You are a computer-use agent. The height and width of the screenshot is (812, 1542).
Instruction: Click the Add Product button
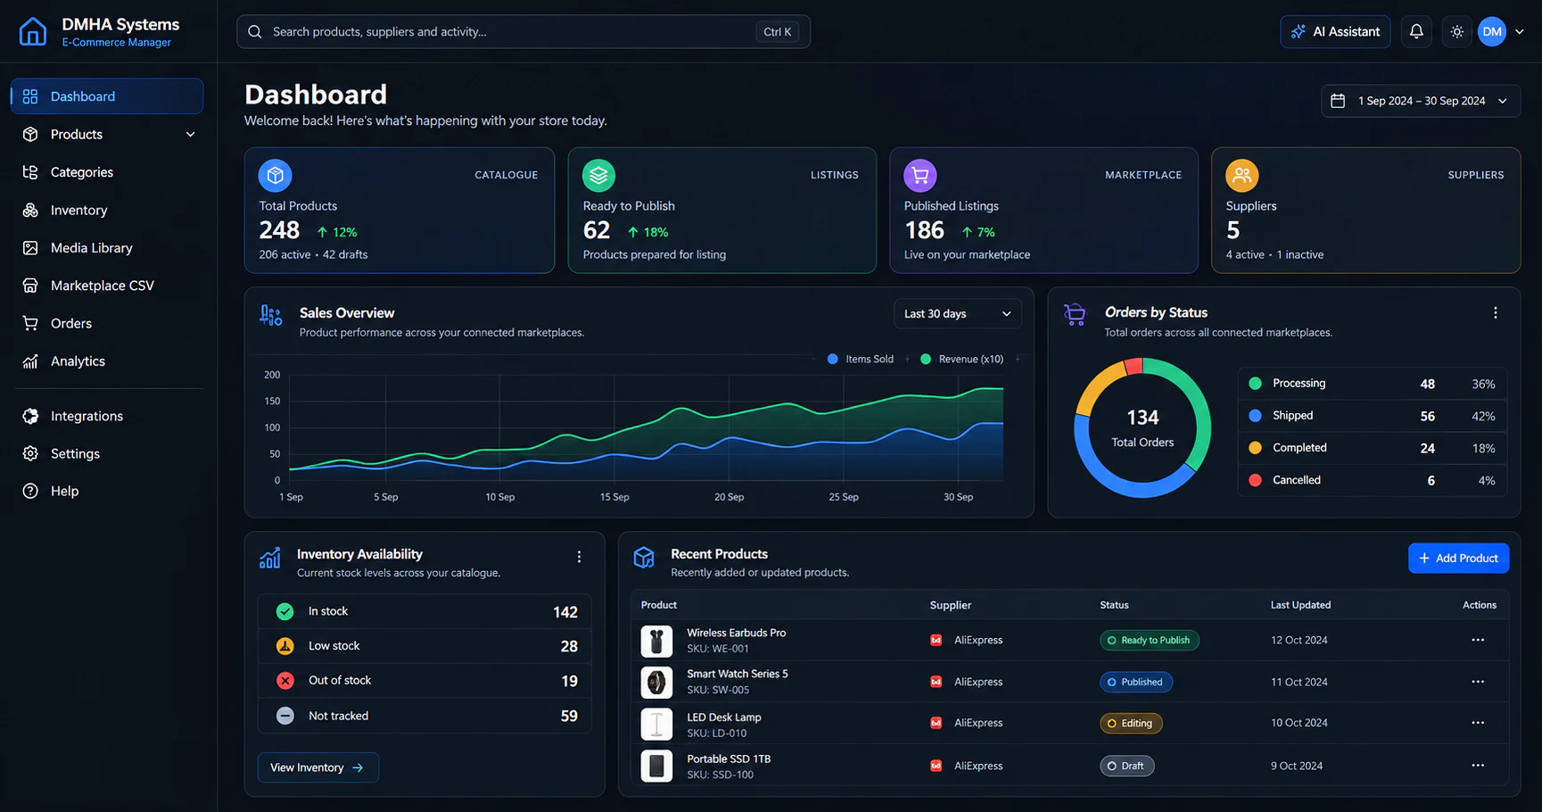(x=1458, y=558)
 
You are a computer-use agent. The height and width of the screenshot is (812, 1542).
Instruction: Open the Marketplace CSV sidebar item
(x=102, y=286)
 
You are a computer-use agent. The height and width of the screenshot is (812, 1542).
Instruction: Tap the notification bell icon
(x=1416, y=31)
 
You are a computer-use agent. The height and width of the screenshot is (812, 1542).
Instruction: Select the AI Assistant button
(x=1335, y=31)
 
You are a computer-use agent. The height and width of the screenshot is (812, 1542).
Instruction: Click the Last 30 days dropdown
(x=957, y=313)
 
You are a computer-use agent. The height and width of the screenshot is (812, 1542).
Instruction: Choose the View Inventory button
(x=317, y=767)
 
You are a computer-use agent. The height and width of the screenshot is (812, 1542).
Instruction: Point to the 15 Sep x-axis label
(x=614, y=497)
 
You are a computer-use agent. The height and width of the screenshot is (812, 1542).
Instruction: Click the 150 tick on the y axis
(x=272, y=402)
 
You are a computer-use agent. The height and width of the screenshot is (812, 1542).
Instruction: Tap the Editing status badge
(x=1131, y=724)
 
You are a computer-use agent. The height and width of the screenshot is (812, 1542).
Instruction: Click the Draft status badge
(x=1126, y=766)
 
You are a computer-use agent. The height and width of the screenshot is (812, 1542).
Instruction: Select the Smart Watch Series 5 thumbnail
(x=656, y=683)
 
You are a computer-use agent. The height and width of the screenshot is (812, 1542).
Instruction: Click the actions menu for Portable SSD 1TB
(x=1478, y=766)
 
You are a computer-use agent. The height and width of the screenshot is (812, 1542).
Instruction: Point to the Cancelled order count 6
(x=1431, y=481)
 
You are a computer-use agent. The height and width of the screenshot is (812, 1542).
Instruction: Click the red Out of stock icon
(x=285, y=681)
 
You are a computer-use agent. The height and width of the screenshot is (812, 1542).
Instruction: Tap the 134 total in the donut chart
(x=1142, y=418)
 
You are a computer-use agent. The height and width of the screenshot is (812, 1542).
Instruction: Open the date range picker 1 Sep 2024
(x=1420, y=101)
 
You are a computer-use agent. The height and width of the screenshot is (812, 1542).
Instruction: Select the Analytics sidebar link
(x=78, y=361)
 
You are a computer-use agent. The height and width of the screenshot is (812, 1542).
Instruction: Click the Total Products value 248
(x=279, y=231)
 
